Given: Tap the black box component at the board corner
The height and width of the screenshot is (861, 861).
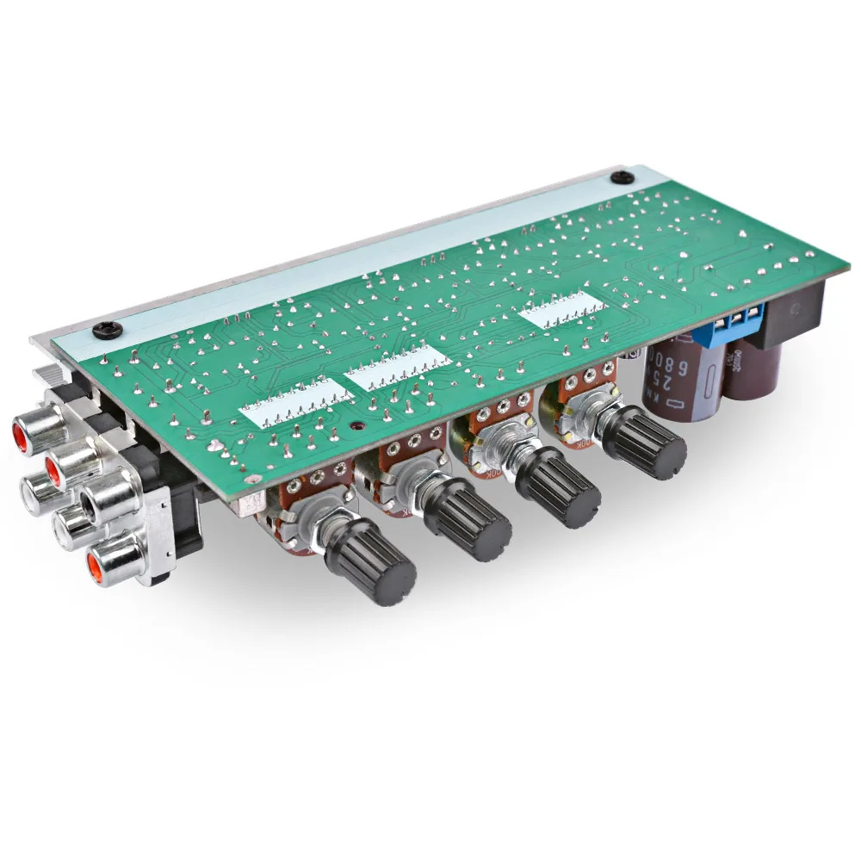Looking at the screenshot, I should point(792,314).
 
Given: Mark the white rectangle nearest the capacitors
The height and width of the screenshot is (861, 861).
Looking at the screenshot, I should point(559,310).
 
